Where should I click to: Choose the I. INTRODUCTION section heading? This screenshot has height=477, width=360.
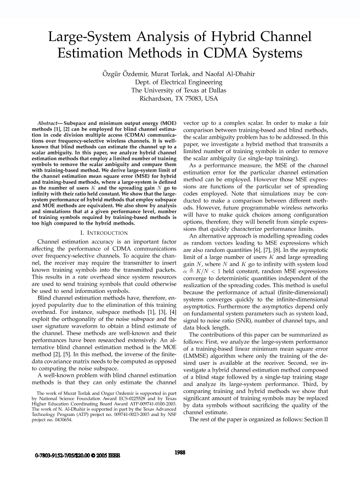104,233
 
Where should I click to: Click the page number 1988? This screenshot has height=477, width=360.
180,452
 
